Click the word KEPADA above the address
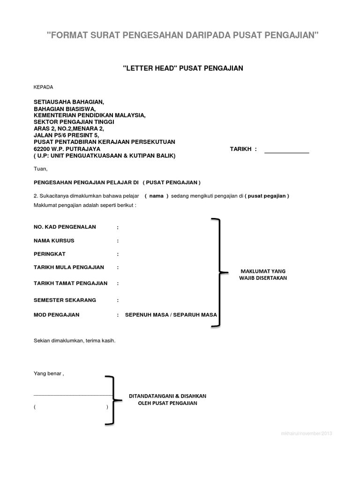(x=44, y=87)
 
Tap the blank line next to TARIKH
(x=287, y=152)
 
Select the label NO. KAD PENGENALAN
(x=65, y=227)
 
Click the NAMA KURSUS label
(x=54, y=240)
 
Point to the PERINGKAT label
(x=50, y=254)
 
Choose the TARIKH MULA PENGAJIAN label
(x=69, y=267)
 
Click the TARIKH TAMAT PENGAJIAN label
(x=71, y=283)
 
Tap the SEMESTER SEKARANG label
(x=65, y=300)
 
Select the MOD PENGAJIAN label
(x=57, y=315)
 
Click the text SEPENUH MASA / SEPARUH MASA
(x=171, y=315)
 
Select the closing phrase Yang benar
(x=48, y=374)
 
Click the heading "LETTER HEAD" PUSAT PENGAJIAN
(x=183, y=68)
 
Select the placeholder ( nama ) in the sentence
(x=156, y=196)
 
